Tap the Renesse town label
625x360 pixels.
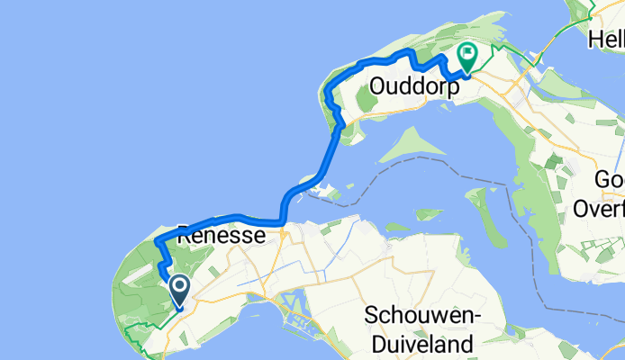[221, 236]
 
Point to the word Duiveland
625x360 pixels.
[420, 343]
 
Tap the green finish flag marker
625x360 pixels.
[468, 57]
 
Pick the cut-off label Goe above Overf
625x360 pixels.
[609, 181]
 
